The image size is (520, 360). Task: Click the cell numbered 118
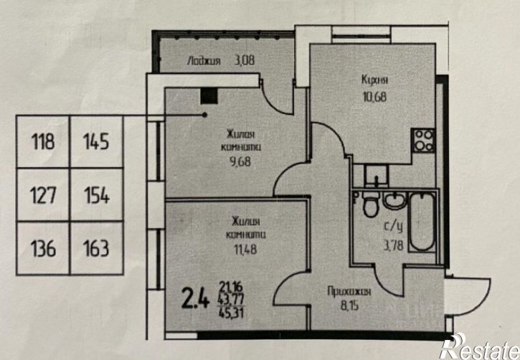click(x=43, y=141)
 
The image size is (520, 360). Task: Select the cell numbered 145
click(x=97, y=141)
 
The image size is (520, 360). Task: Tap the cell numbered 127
click(x=43, y=194)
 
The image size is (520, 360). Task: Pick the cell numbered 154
click(x=97, y=194)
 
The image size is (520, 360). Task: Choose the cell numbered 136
click(x=43, y=248)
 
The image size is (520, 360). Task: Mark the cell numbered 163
click(x=97, y=248)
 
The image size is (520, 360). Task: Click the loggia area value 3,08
click(x=245, y=61)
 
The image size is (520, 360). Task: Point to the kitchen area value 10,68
click(x=374, y=97)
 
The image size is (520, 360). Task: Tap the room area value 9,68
click(x=240, y=162)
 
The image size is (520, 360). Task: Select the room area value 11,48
click(x=245, y=249)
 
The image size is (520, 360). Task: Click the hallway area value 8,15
click(x=349, y=305)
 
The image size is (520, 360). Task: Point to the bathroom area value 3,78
click(x=394, y=245)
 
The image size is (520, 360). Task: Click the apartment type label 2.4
click(x=196, y=300)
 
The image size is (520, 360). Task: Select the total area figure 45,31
click(x=231, y=313)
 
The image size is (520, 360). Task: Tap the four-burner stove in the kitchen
click(x=423, y=141)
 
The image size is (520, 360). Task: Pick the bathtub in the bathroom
click(x=422, y=222)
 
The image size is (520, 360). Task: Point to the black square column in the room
click(x=209, y=97)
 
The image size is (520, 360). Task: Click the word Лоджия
click(x=204, y=61)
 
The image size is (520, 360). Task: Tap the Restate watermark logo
click(x=480, y=348)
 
